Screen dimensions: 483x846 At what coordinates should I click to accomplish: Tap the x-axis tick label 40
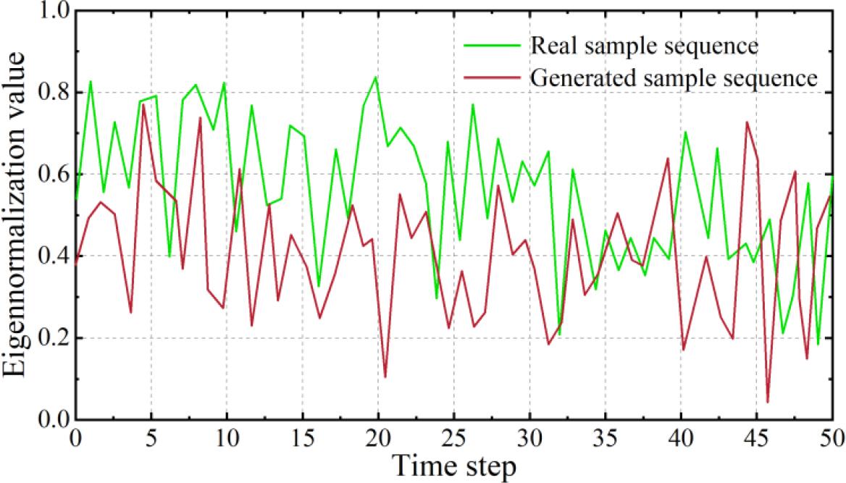click(681, 437)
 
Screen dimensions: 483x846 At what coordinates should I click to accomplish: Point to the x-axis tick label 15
click(302, 437)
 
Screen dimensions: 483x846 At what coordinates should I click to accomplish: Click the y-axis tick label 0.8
click(52, 93)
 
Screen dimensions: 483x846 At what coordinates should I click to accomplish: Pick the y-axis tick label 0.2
click(52, 338)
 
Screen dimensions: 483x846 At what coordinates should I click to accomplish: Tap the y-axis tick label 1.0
click(52, 12)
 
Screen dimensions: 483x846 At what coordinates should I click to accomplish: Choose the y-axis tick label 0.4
click(52, 256)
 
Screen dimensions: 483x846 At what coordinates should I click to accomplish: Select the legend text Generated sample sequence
click(674, 77)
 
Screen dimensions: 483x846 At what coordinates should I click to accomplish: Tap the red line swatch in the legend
click(493, 77)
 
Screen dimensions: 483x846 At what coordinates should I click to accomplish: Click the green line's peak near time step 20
click(375, 77)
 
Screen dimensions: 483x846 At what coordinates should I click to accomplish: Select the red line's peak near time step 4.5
click(143, 105)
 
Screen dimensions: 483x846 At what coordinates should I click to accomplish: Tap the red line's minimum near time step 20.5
click(385, 377)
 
